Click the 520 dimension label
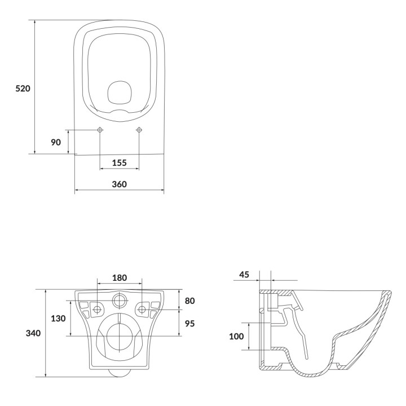tap(23, 89)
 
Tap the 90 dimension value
tap(56, 142)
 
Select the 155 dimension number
tap(120, 163)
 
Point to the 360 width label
tap(120, 184)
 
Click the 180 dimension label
tap(120, 278)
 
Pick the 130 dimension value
tap(58, 318)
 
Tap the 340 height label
tap(33, 333)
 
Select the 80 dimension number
tap(190, 301)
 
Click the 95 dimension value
tap(190, 324)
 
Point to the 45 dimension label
tap(244, 275)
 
